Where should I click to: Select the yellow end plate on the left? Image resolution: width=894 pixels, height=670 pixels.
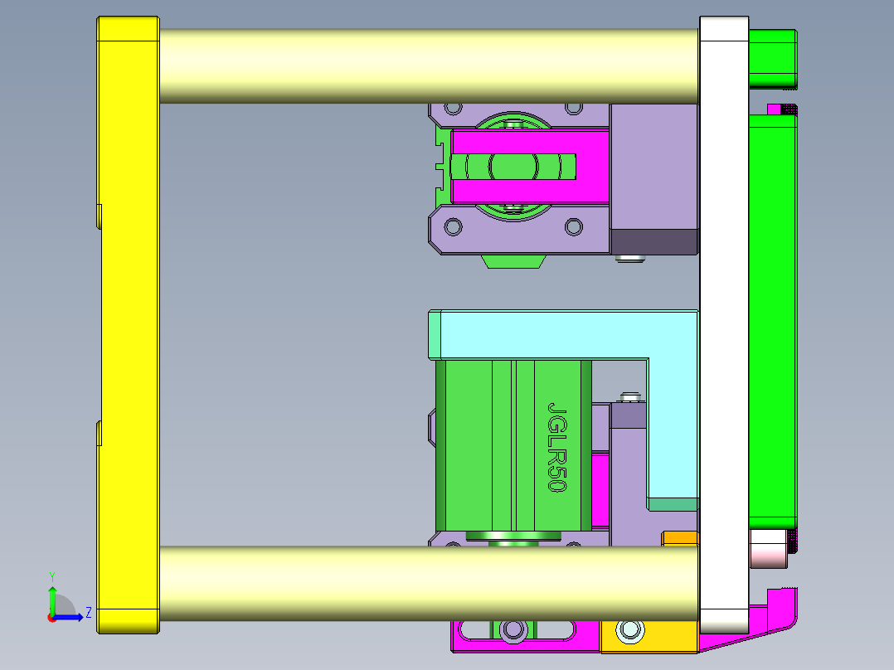click(x=128, y=323)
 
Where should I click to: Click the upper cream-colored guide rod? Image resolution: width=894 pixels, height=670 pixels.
click(x=427, y=66)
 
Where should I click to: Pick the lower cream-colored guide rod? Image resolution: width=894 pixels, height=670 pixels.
click(x=427, y=583)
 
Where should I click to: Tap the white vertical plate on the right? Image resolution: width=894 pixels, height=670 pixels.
click(x=724, y=323)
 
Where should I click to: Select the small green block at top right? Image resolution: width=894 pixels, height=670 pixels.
click(x=772, y=58)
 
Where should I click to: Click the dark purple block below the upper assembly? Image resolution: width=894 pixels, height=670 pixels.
click(x=653, y=241)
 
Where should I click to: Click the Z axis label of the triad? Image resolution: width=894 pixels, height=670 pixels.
click(x=88, y=613)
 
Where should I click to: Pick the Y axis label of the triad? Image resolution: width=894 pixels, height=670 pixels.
click(x=52, y=575)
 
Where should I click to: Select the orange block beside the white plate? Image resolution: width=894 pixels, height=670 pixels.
click(x=679, y=540)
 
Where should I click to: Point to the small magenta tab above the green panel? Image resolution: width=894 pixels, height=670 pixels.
click(x=775, y=109)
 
